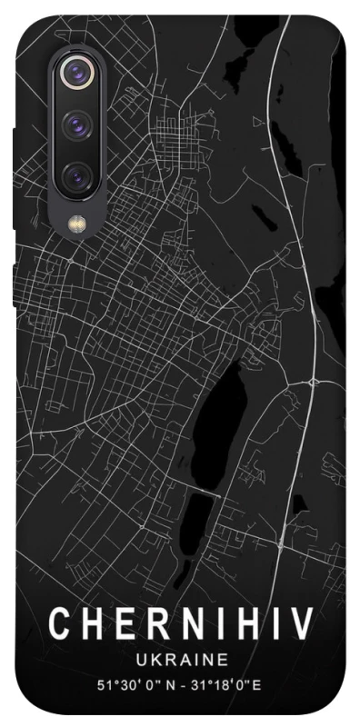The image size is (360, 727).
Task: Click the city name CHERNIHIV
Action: [x=181, y=624]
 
